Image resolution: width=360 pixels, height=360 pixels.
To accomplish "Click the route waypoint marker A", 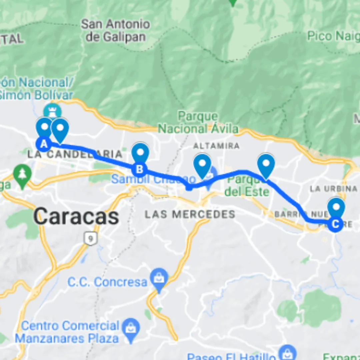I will coord(43,144).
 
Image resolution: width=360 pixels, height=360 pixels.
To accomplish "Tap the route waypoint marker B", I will coord(139,169).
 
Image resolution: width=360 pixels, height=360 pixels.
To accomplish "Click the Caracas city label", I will coord(76,217).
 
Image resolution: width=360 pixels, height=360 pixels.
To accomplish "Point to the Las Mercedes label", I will coord(190,214).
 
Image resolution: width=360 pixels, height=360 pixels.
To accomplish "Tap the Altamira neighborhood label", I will coord(216,146).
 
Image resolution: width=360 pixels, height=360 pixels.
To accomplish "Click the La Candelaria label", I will coord(75,154).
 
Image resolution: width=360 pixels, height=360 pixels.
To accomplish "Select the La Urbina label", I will coord(334,189).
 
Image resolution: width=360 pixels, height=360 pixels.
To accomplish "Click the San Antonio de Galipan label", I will coord(115,30).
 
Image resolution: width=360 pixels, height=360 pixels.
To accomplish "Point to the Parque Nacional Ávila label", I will coord(198,123).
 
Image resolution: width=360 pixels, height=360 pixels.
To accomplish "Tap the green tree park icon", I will coord(22,174).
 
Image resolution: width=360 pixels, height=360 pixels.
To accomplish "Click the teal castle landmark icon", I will coord(53,110).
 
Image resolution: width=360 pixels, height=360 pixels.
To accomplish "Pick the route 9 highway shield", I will coord(89,239).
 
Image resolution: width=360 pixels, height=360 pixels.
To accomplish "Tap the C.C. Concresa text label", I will coord(107,282).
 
